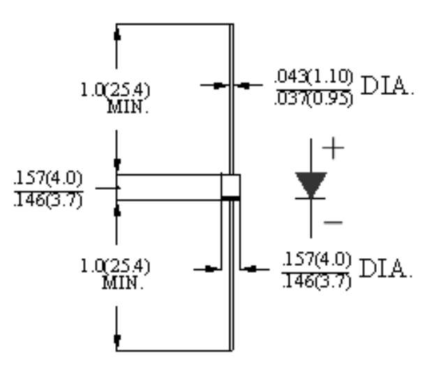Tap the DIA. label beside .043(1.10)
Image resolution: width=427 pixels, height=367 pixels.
(x=385, y=87)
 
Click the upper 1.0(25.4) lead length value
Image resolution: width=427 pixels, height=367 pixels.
(x=116, y=91)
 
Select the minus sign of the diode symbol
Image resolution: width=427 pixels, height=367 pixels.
(x=334, y=222)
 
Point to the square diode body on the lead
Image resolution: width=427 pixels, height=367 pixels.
(x=230, y=186)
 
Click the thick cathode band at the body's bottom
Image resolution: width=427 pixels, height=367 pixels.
(x=230, y=199)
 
